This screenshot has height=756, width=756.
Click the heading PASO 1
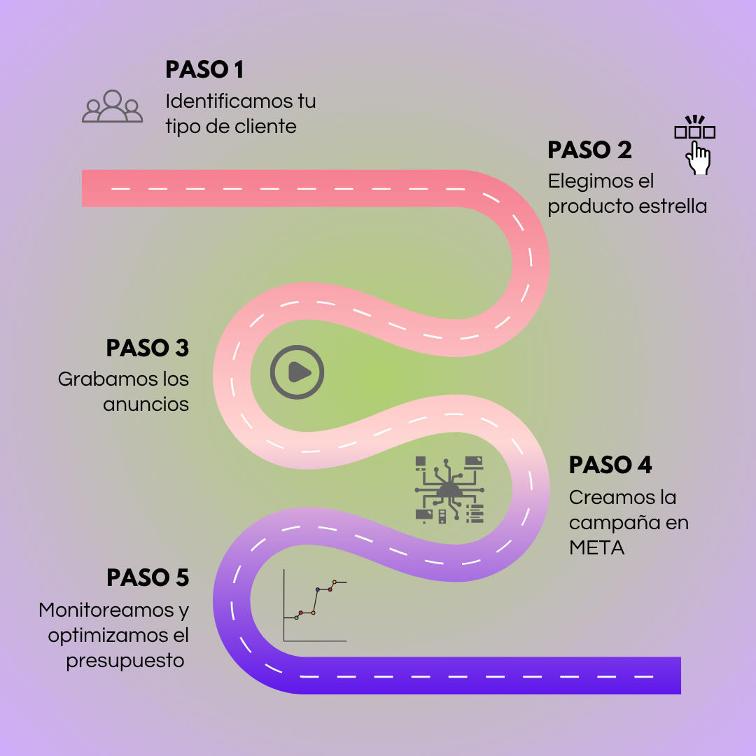(204, 70)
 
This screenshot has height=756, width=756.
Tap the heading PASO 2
(589, 150)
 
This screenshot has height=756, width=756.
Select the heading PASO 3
(148, 348)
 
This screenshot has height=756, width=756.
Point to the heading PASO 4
(610, 465)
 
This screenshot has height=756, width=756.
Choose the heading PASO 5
(148, 577)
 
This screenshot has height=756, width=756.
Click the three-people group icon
(112, 107)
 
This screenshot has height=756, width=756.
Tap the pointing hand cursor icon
(697, 157)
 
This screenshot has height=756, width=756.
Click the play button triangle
(299, 372)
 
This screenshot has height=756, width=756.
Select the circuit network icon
(449, 490)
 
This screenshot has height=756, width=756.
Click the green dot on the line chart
(296, 618)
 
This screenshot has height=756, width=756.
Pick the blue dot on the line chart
(317, 589)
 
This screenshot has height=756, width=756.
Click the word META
(596, 547)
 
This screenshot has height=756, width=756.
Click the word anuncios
(146, 405)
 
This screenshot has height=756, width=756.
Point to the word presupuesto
(125, 660)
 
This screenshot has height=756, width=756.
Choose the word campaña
(612, 524)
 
